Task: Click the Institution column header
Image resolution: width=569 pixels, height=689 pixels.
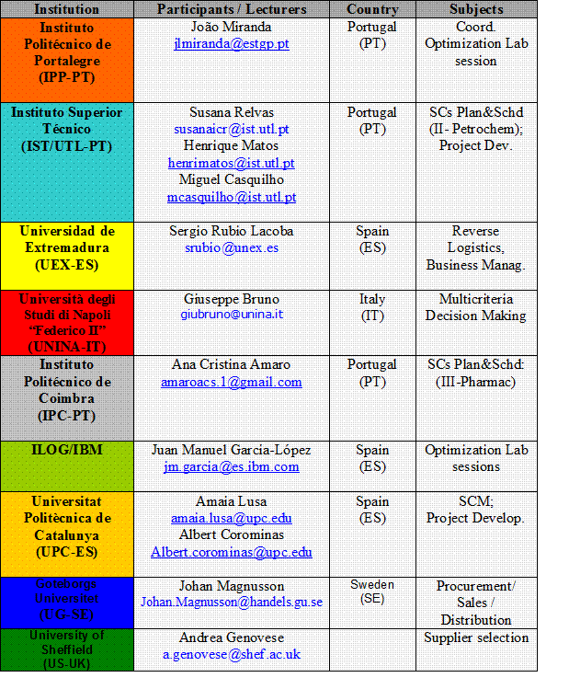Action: tap(67, 9)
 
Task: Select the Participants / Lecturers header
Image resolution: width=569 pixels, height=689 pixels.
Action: tap(231, 9)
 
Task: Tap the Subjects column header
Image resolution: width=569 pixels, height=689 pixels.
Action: tap(475, 9)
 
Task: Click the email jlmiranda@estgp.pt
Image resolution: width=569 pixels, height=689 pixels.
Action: tap(231, 44)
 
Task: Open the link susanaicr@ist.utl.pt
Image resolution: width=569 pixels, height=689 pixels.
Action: tap(231, 130)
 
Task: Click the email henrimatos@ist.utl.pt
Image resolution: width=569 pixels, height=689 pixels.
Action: tap(231, 163)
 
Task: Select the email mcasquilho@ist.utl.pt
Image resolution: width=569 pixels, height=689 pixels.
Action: tap(231, 197)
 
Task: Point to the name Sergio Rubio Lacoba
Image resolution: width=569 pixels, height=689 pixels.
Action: tap(231, 231)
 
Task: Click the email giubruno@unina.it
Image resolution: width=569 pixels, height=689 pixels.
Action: tap(231, 315)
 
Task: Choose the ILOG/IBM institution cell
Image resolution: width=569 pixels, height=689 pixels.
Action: tap(67, 451)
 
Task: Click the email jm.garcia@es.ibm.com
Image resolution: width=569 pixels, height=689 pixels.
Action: tap(231, 467)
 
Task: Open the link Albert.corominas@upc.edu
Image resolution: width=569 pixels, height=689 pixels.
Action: tap(231, 552)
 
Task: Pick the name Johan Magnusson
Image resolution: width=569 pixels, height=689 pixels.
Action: tap(231, 586)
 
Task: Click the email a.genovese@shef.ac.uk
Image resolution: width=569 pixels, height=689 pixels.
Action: tap(231, 654)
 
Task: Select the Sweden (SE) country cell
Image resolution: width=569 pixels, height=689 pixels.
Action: tap(371, 591)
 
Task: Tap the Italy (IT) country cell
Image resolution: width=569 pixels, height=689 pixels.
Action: tap(371, 306)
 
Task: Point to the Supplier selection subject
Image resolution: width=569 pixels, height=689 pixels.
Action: tap(475, 637)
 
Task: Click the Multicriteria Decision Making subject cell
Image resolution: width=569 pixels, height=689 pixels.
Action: tap(475, 307)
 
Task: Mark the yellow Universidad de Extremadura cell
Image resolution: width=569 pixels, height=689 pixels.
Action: tap(67, 247)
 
